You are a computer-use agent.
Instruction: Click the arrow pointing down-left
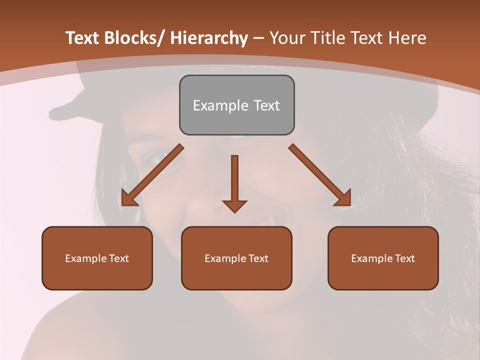[x=153, y=175]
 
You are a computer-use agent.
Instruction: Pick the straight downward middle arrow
[x=234, y=180]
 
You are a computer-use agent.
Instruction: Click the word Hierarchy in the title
[x=209, y=38]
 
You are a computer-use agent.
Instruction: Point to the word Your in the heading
[x=288, y=38]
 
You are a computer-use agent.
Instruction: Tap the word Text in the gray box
[x=266, y=105]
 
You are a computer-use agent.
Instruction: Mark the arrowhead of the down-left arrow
[x=129, y=198]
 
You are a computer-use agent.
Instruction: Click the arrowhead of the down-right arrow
[x=343, y=198]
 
